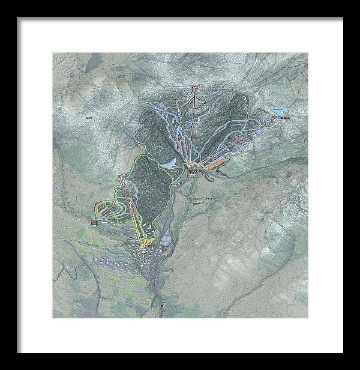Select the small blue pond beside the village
click(x=166, y=243)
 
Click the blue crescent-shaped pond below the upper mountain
click(x=171, y=163)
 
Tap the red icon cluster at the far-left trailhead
click(x=95, y=223)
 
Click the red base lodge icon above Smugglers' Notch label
click(x=193, y=173)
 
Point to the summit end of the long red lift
click(x=194, y=90)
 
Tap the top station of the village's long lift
click(x=121, y=177)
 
